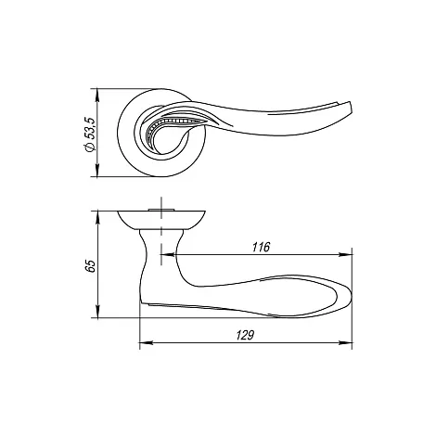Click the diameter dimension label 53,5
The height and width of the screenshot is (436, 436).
[89, 129]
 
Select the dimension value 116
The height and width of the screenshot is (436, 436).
[261, 247]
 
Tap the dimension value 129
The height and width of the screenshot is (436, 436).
[245, 335]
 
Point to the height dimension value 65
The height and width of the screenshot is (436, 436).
[89, 265]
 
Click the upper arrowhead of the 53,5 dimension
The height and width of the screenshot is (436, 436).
[97, 95]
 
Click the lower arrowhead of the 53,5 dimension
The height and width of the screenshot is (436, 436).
[97, 171]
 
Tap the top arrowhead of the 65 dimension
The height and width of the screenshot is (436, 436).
[97, 216]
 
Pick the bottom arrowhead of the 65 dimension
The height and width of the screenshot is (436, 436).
[97, 312]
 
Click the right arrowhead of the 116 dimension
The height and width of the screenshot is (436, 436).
[346, 255]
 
